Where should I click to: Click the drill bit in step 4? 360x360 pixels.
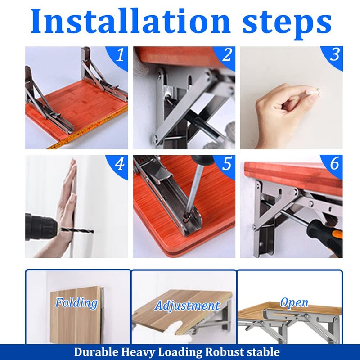coord(76,230)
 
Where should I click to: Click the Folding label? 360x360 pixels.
coord(76,303)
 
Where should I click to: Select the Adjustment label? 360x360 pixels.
coord(187,306)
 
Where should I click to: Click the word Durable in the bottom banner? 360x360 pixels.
coord(96,352)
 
